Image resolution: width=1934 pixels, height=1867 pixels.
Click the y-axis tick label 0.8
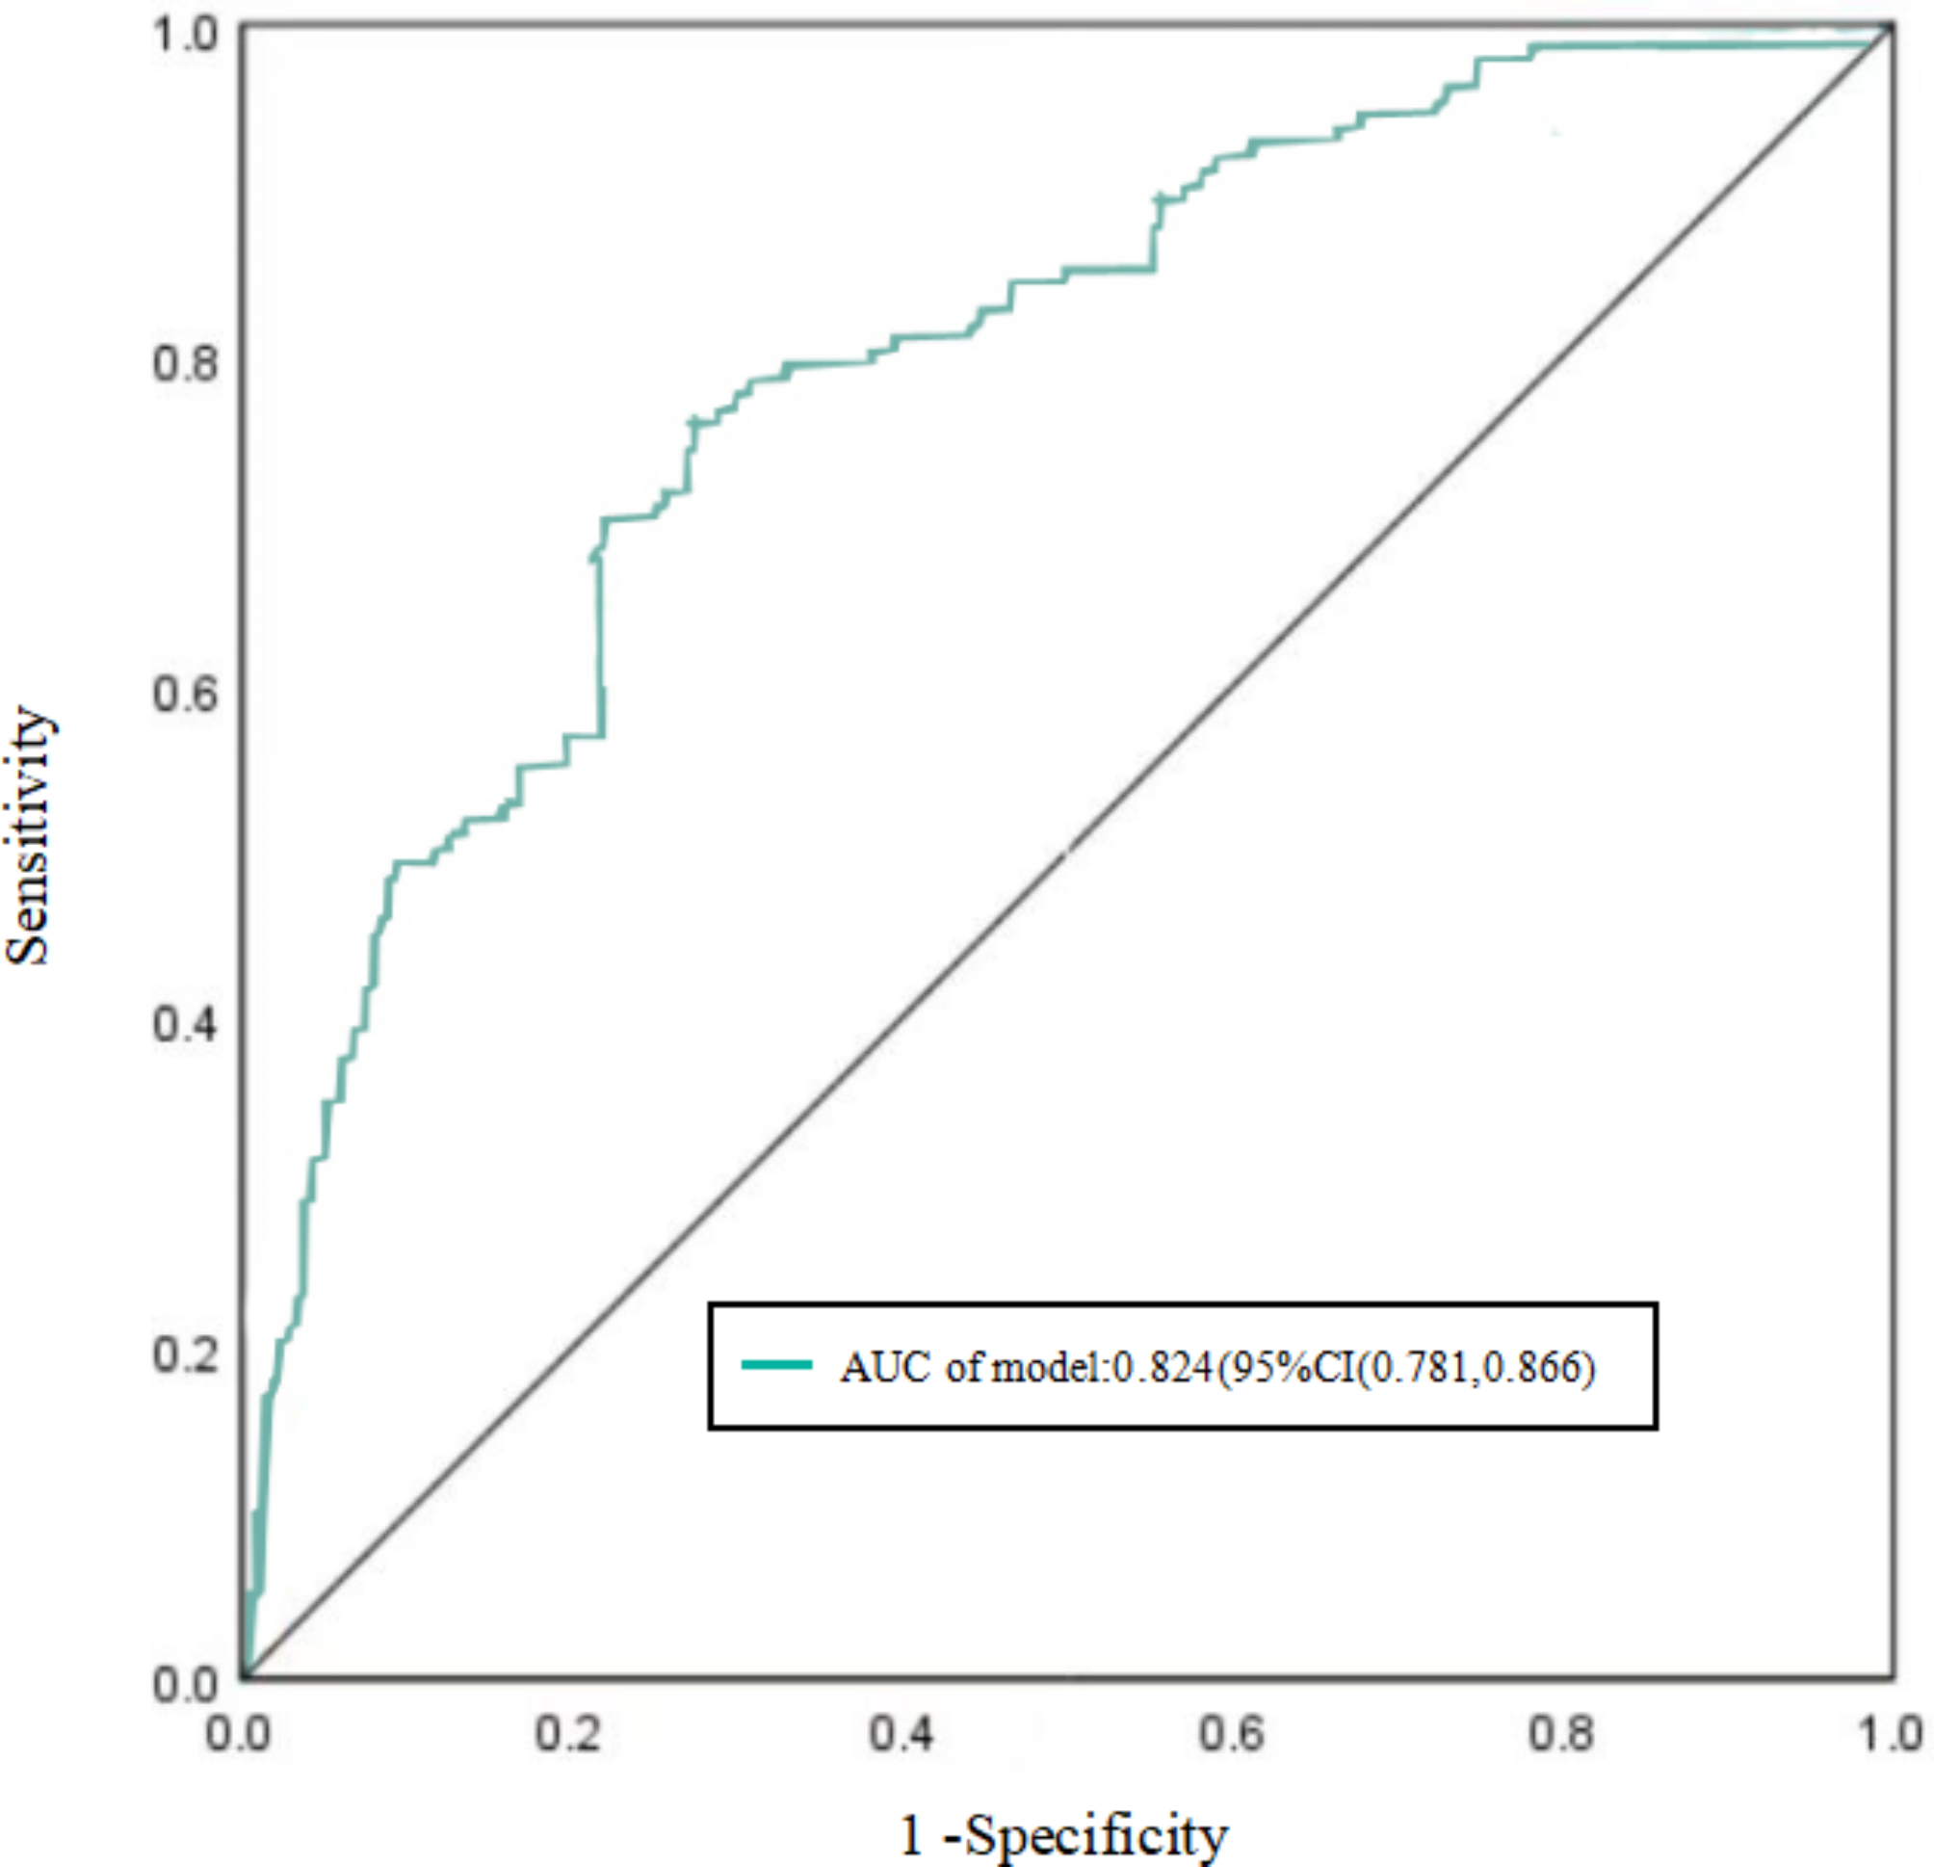[185, 363]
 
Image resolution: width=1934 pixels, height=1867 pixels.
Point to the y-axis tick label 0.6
[185, 693]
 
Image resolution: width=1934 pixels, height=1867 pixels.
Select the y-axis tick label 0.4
[185, 1023]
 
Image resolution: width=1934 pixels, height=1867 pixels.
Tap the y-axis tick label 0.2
[185, 1354]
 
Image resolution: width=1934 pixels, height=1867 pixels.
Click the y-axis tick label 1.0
[185, 34]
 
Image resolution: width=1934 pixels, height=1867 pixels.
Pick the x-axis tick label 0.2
[568, 1734]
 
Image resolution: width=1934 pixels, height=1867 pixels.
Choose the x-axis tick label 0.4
[901, 1734]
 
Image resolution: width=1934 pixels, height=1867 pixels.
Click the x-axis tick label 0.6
[1231, 1734]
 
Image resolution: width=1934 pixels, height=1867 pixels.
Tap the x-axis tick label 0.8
[1561, 1734]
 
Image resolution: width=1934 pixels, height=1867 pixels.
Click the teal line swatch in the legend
[776, 1365]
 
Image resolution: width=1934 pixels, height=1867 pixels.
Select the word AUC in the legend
[884, 1368]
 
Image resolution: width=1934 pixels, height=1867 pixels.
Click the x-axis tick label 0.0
[238, 1734]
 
